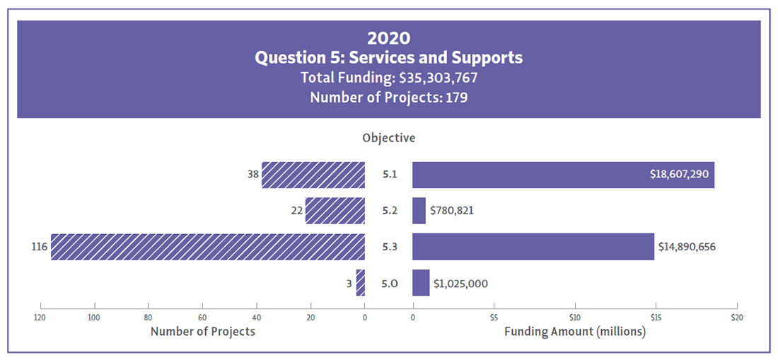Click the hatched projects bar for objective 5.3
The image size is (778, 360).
point(207,247)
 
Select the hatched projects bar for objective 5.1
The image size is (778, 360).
point(313,175)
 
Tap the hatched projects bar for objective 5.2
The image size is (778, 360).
point(335,211)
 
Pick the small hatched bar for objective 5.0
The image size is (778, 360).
point(361,283)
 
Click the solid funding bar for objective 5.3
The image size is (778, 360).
point(533,247)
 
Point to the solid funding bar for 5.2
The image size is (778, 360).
point(419,211)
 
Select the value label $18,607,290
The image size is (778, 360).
point(679,174)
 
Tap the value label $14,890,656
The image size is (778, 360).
point(691,247)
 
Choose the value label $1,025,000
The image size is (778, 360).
point(460,284)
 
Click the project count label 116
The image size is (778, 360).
point(39,247)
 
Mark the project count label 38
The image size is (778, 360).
point(252,174)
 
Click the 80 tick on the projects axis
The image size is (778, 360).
point(148,317)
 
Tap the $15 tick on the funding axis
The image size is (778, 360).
point(656,317)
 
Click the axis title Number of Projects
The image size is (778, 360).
point(203,331)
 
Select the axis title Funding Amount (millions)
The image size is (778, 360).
point(574,331)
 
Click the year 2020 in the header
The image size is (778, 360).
point(388,38)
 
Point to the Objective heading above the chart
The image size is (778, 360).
point(388,138)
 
